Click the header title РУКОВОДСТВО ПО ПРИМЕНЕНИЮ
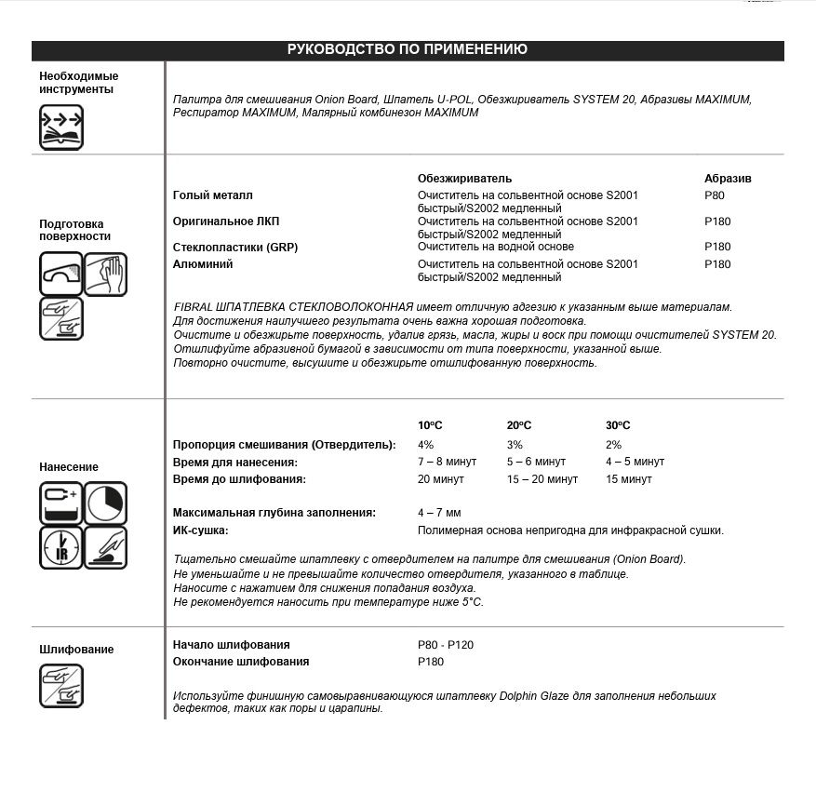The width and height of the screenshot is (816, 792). click(408, 50)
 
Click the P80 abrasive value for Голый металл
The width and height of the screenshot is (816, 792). click(715, 195)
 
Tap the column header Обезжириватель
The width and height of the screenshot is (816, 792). click(464, 178)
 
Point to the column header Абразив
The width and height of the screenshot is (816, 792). click(728, 178)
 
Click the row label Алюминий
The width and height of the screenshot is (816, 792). click(203, 264)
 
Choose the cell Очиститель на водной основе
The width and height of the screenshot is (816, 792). click(495, 247)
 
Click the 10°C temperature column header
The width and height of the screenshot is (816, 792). click(430, 425)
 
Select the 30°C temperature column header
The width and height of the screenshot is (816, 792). click(618, 425)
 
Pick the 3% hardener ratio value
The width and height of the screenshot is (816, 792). click(515, 445)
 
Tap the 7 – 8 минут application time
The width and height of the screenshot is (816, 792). click(448, 462)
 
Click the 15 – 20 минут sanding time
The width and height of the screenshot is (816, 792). click(542, 479)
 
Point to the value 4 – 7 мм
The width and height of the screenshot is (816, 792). click(439, 513)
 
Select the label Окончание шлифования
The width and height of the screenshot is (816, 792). click(241, 662)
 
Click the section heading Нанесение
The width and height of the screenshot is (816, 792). click(69, 467)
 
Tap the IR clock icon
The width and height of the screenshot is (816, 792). click(60, 547)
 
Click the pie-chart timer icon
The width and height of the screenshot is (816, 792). click(105, 503)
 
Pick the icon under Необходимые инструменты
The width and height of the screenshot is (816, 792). click(61, 128)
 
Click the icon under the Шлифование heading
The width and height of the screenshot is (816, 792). click(61, 687)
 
